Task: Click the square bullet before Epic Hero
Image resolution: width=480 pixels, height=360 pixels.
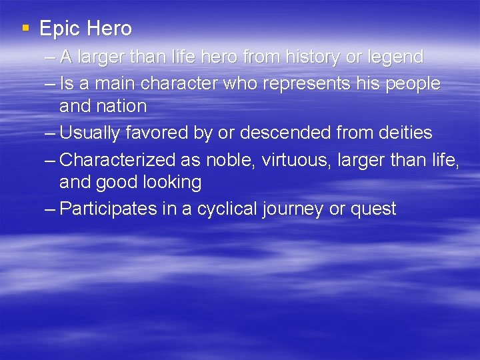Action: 25,28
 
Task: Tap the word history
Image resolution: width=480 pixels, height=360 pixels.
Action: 310,57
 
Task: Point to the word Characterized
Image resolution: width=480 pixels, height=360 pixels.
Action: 117,160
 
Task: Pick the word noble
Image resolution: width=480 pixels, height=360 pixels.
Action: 230,160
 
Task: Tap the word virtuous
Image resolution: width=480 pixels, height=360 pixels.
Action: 291,160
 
